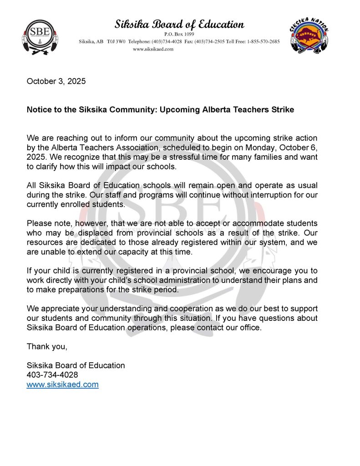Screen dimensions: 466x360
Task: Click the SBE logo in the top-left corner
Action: [x=38, y=35]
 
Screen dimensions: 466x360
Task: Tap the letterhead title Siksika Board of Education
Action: [x=179, y=24]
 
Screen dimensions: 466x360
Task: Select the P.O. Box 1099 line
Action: [x=179, y=34]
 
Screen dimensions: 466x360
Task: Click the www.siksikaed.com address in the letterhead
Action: [x=153, y=49]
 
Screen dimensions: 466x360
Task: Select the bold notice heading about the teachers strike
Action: [x=160, y=110]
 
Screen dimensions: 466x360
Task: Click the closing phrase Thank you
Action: [x=47, y=346]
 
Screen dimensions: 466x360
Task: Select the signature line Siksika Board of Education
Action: [x=76, y=365]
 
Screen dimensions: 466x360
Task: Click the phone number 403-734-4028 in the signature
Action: [x=52, y=375]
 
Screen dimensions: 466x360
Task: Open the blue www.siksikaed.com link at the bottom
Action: [x=62, y=385]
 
